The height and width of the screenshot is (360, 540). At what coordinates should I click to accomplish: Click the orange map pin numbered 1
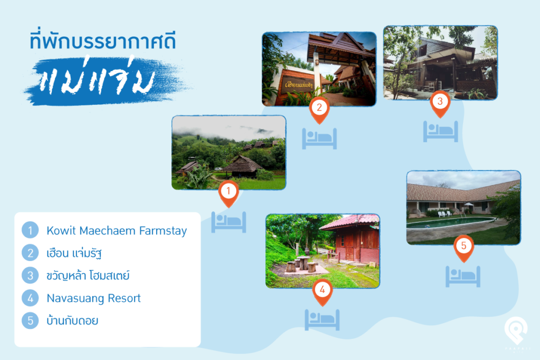[228, 193]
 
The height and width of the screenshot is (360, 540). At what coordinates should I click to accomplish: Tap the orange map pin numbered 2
[319, 109]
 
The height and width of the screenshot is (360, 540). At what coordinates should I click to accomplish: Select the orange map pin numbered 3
[440, 103]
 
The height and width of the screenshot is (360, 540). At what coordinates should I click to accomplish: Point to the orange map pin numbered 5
[464, 247]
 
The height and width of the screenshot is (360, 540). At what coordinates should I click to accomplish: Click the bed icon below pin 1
[229, 222]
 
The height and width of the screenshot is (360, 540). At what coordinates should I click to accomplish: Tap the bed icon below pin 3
[440, 131]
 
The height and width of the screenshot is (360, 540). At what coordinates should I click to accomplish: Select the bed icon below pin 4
[322, 320]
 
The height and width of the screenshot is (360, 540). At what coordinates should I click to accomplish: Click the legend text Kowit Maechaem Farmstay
[117, 230]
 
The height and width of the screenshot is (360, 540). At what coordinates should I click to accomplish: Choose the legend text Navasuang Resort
[94, 298]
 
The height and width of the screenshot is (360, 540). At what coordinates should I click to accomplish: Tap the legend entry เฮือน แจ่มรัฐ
[74, 254]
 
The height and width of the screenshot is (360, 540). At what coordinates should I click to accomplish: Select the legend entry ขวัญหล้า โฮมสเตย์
[88, 275]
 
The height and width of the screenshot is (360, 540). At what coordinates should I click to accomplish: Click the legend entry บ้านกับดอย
[72, 320]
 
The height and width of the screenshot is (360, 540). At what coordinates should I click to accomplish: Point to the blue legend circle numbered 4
[30, 298]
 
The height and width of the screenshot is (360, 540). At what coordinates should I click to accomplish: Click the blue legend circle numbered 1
[30, 230]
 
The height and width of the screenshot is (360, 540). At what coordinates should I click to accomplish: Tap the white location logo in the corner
[516, 330]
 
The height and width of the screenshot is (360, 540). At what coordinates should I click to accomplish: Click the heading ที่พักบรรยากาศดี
[103, 41]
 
